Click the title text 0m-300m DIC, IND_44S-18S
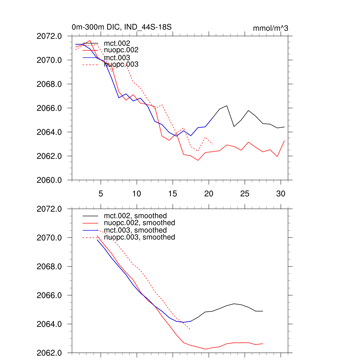pos(121,27)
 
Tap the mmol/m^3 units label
pos(270,28)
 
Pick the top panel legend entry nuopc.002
pos(121,50)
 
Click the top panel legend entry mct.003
pos(117,57)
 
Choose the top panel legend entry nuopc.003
pos(121,64)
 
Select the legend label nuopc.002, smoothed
pos(140,223)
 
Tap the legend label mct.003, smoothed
pos(135,230)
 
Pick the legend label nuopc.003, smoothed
pos(140,237)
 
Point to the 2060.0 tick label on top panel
pos(49,180)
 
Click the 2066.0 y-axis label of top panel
pos(49,108)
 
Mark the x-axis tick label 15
pos(173,193)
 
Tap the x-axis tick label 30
pos(281,193)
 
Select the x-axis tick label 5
pos(101,193)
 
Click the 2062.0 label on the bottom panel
pos(49,353)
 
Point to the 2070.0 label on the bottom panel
pos(49,238)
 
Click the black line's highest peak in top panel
pos(227,105)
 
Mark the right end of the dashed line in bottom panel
pos(190,329)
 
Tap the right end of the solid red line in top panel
pos(284,141)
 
